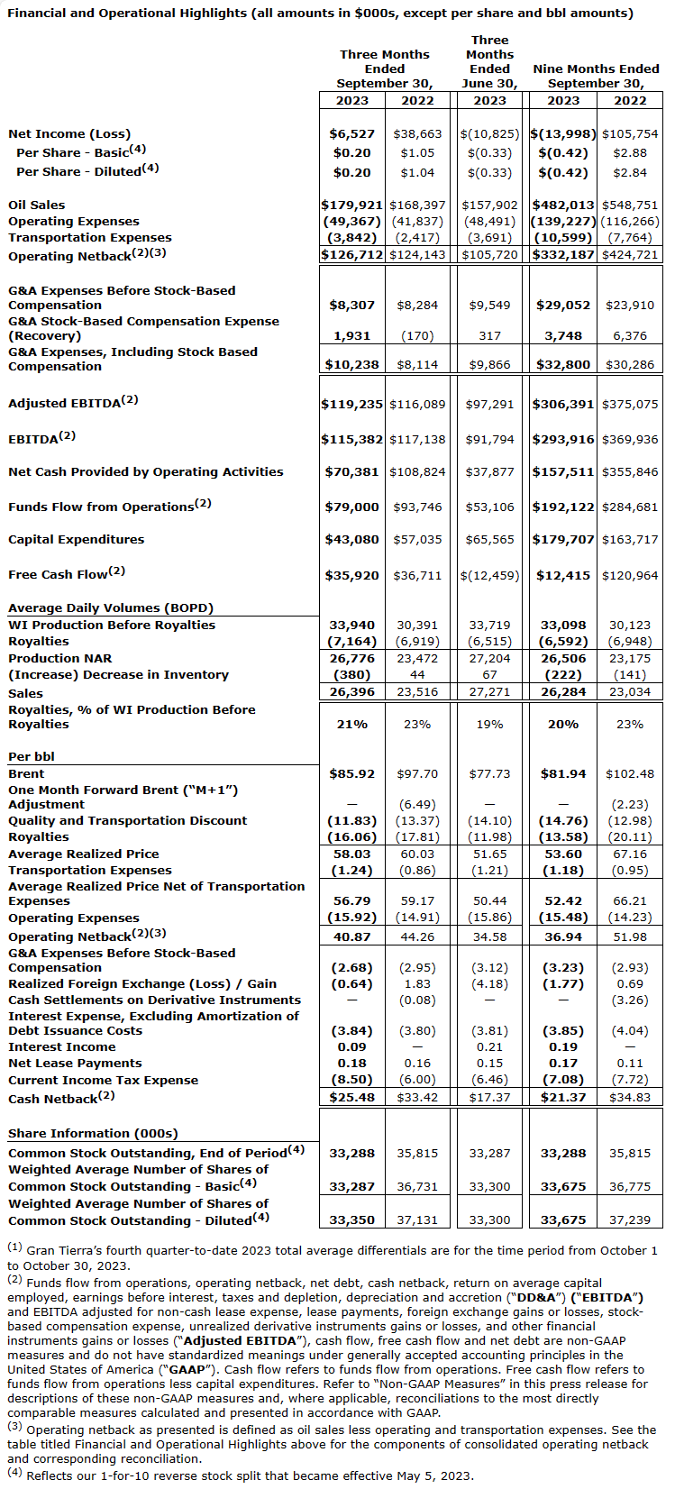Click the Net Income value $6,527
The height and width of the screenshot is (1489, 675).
click(x=352, y=133)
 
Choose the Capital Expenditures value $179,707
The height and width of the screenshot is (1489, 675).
click(x=563, y=539)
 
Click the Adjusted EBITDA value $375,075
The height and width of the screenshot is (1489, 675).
click(x=630, y=404)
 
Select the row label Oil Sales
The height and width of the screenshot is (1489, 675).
click(x=37, y=205)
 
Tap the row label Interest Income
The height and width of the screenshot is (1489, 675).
click(x=62, y=1046)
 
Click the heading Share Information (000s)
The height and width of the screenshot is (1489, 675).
click(x=93, y=1133)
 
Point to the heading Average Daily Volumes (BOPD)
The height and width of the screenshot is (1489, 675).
click(x=111, y=607)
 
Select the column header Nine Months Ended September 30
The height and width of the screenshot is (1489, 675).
click(x=596, y=76)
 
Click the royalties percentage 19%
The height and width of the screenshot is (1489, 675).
click(x=489, y=724)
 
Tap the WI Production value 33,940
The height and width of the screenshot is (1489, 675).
click(x=352, y=625)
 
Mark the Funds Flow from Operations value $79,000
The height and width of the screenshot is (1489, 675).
click(x=352, y=507)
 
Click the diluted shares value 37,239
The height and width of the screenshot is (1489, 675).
click(x=630, y=1220)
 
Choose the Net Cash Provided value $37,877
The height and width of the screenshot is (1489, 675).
click(x=489, y=471)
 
